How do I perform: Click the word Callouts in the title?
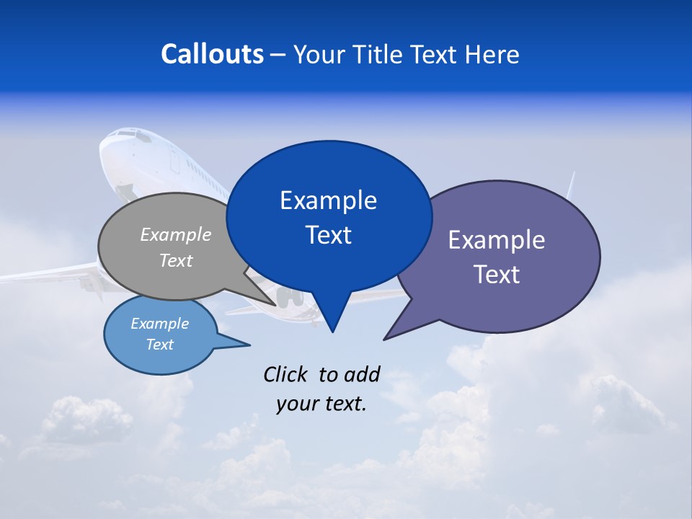point(212,54)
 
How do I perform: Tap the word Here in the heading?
point(492,55)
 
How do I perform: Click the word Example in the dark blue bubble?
point(328,200)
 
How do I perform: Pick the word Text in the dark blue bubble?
point(328,235)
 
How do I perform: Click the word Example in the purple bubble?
point(496,240)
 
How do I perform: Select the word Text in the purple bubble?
point(496,275)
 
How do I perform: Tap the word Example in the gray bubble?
point(175,235)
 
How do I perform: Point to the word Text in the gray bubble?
point(175,260)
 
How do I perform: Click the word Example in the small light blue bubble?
point(159,324)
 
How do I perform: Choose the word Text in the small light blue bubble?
point(159,345)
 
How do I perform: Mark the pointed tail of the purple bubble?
point(394,332)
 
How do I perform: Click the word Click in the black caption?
point(286,374)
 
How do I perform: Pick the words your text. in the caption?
point(321,404)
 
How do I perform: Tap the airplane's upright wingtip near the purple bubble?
point(571,185)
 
